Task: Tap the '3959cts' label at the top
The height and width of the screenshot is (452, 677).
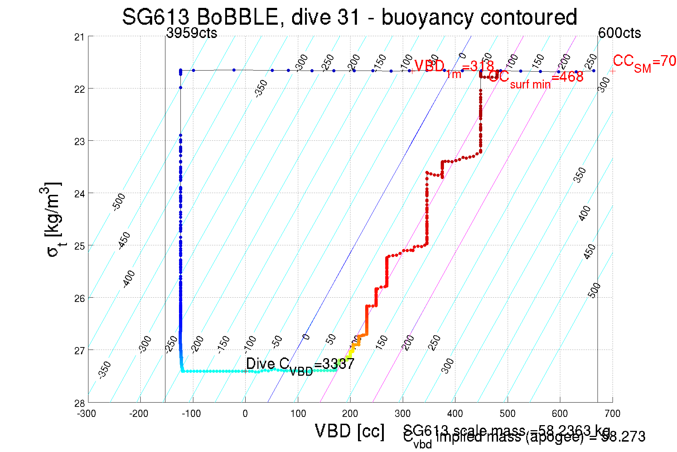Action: pos(192,33)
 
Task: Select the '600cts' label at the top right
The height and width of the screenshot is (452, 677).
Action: pos(619,33)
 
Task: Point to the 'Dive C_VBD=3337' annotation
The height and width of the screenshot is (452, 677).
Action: pos(300,365)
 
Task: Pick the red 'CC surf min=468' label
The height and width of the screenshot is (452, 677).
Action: pos(536,78)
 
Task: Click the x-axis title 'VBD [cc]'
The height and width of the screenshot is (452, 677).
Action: pos(350,431)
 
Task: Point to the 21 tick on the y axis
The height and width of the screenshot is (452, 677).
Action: pos(79,37)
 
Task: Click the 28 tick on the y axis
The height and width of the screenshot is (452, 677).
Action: pos(79,403)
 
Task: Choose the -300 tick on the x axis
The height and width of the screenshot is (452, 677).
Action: pos(87,414)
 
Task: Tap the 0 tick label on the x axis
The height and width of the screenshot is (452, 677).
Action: pos(245,414)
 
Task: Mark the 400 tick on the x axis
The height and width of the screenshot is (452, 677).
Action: pos(455,414)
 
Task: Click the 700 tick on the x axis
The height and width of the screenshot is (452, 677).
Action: pos(612,414)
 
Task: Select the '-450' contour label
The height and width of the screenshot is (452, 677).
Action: pos(124,241)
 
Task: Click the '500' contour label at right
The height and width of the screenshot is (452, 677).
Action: pos(594,290)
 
